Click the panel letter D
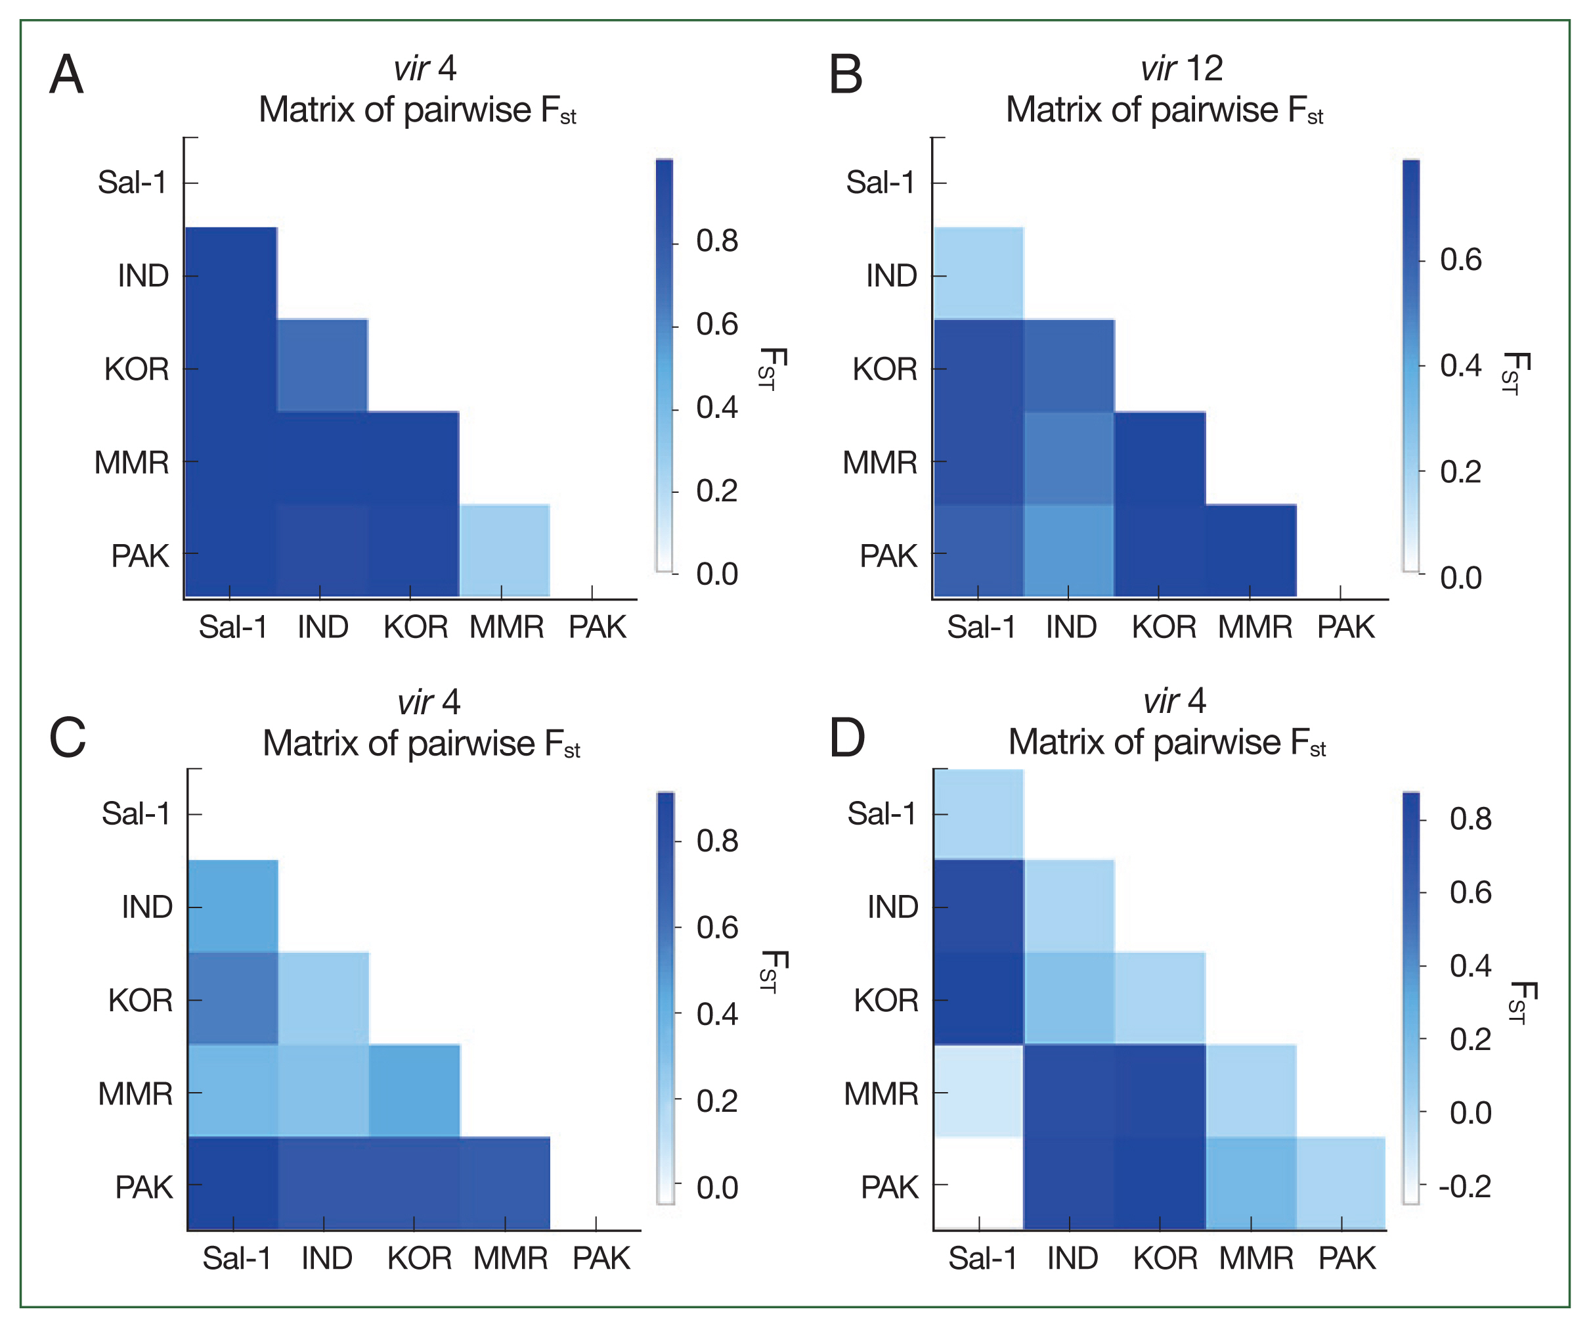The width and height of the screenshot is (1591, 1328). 846,737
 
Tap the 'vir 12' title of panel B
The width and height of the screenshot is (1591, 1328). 1181,69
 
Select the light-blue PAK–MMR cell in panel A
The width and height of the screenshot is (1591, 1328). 504,550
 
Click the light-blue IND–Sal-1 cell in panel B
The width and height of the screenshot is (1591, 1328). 978,273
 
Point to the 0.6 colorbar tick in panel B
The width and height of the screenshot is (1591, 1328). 1422,260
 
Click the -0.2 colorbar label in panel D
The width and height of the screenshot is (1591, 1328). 1464,1186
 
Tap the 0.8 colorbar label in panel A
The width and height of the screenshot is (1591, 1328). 717,241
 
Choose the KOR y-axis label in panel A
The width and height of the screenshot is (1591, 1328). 137,369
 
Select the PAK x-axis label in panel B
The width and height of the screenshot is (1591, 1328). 1345,628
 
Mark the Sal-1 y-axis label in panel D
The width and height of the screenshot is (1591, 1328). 881,814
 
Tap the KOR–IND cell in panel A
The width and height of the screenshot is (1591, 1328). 323,365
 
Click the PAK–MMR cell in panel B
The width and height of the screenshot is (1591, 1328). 1250,550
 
